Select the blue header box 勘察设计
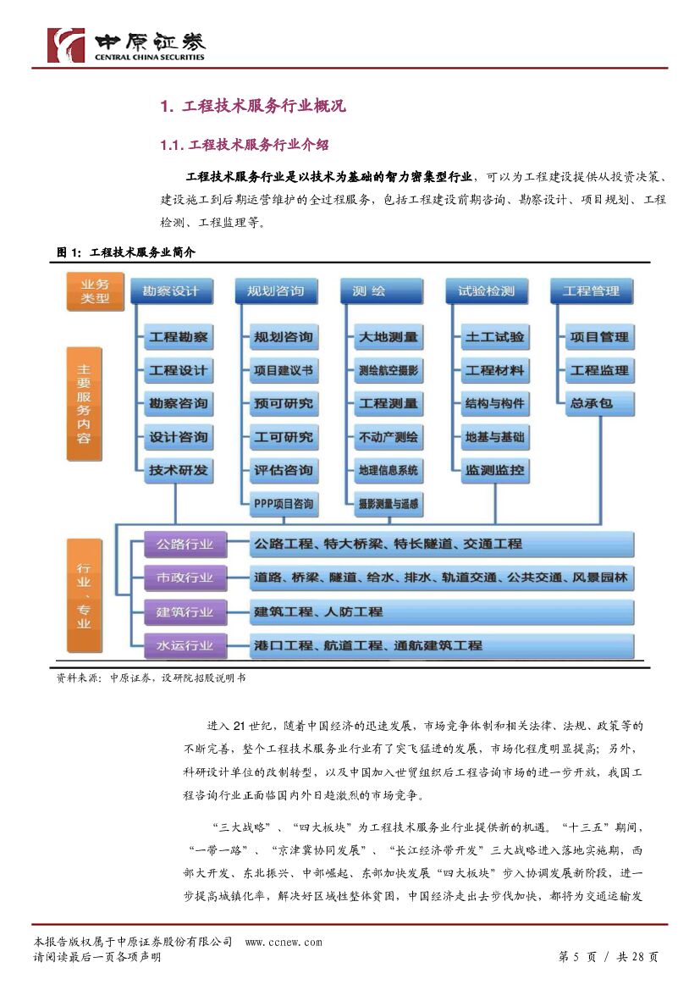click(x=170, y=291)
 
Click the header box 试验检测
click(x=486, y=291)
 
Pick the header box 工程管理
click(x=591, y=291)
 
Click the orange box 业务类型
click(x=95, y=291)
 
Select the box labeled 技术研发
click(x=178, y=471)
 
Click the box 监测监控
click(x=494, y=471)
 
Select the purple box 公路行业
click(x=185, y=544)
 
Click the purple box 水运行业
click(x=185, y=645)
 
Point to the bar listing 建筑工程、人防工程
click(x=440, y=611)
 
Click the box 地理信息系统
click(x=388, y=471)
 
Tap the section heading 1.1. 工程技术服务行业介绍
click(x=245, y=146)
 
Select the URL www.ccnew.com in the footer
click(x=284, y=942)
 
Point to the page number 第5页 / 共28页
click(x=609, y=957)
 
